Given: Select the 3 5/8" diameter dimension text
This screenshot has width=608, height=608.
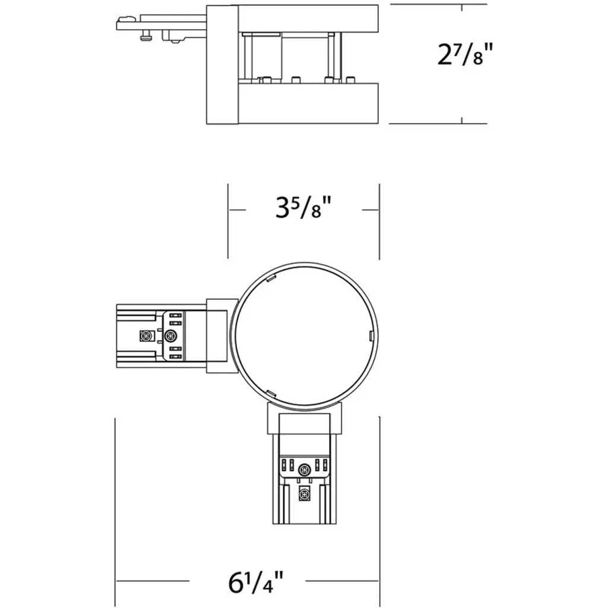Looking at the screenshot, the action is click(303, 207).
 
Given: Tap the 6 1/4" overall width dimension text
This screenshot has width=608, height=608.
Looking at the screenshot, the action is click(256, 582).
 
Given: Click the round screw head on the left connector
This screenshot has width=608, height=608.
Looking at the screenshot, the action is click(170, 336).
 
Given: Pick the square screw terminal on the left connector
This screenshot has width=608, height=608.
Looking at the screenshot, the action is click(145, 336).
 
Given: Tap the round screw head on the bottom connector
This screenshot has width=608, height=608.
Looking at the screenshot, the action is click(305, 470).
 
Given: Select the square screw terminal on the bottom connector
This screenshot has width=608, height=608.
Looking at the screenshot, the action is click(305, 495).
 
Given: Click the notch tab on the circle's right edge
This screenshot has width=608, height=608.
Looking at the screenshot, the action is click(370, 336).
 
